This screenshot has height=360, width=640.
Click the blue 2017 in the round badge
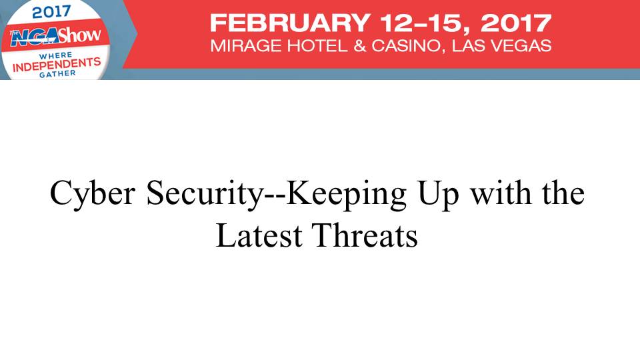[51, 11]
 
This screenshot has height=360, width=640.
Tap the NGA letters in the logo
[33, 37]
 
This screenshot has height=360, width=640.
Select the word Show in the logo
[79, 35]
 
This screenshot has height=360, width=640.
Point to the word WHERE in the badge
[55, 55]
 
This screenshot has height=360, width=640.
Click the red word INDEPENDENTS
[56, 65]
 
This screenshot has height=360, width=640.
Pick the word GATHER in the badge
[57, 73]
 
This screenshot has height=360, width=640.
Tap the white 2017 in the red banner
[516, 23]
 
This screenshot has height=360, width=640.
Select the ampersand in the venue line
[359, 46]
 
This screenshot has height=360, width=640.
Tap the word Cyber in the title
[93, 193]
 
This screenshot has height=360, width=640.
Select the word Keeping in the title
[347, 193]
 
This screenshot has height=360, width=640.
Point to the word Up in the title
[439, 194]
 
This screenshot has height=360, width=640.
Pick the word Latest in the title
[259, 235]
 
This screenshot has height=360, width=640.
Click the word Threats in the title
[365, 235]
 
